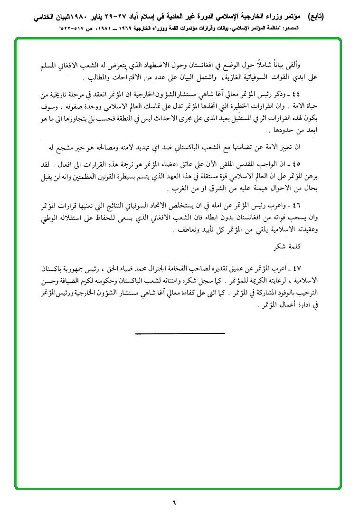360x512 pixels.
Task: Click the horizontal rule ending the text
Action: [x=180, y=333]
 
